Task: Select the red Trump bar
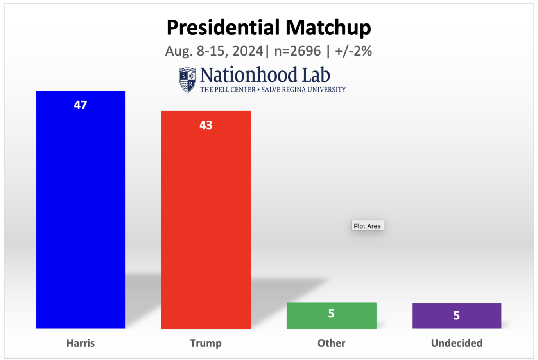point(206,227)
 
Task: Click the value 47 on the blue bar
point(81,105)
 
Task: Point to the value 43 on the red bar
point(206,125)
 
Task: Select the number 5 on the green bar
point(331,313)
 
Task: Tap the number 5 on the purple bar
point(457,315)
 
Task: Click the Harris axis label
point(81,343)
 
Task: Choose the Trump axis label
point(206,343)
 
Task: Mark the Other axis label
point(332,343)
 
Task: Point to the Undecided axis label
point(457,343)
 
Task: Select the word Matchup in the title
point(328,28)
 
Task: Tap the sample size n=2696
point(298,51)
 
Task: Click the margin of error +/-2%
point(353,51)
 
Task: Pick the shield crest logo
point(188,80)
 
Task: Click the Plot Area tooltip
point(367,226)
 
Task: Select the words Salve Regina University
point(303,90)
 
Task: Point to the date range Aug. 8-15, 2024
point(214,51)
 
